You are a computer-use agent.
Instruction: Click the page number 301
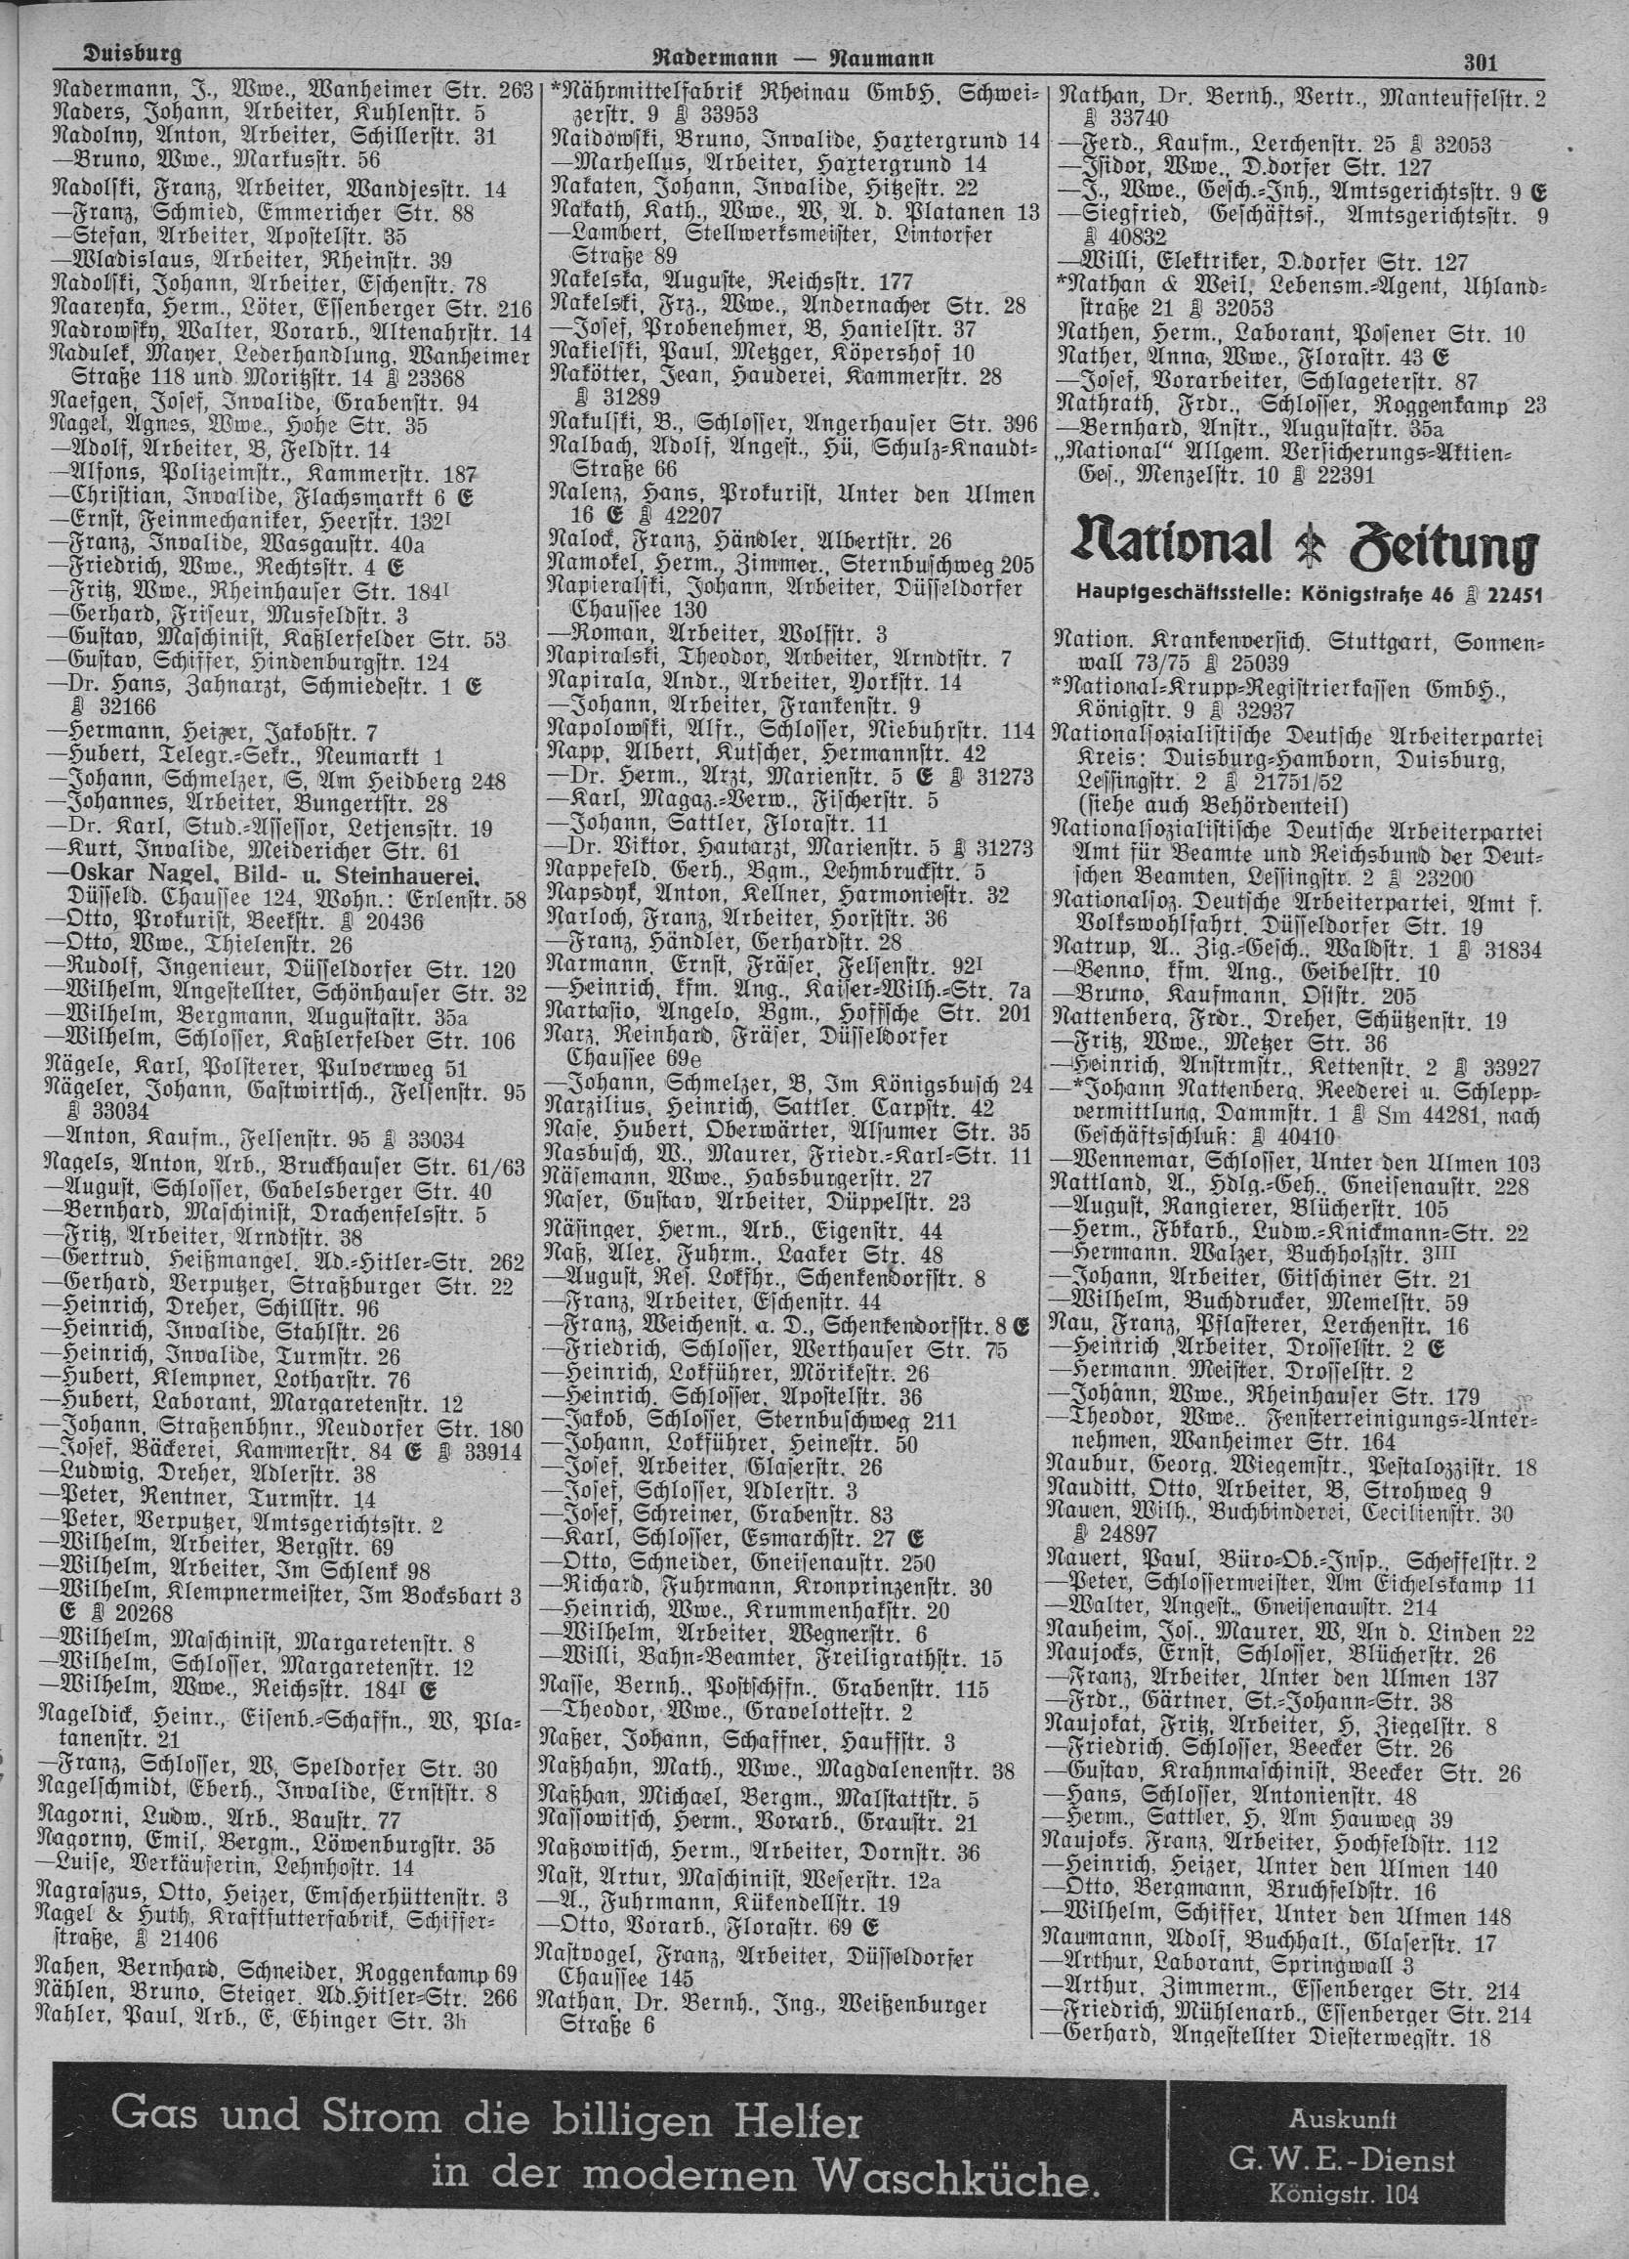pyautogui.click(x=1482, y=62)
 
